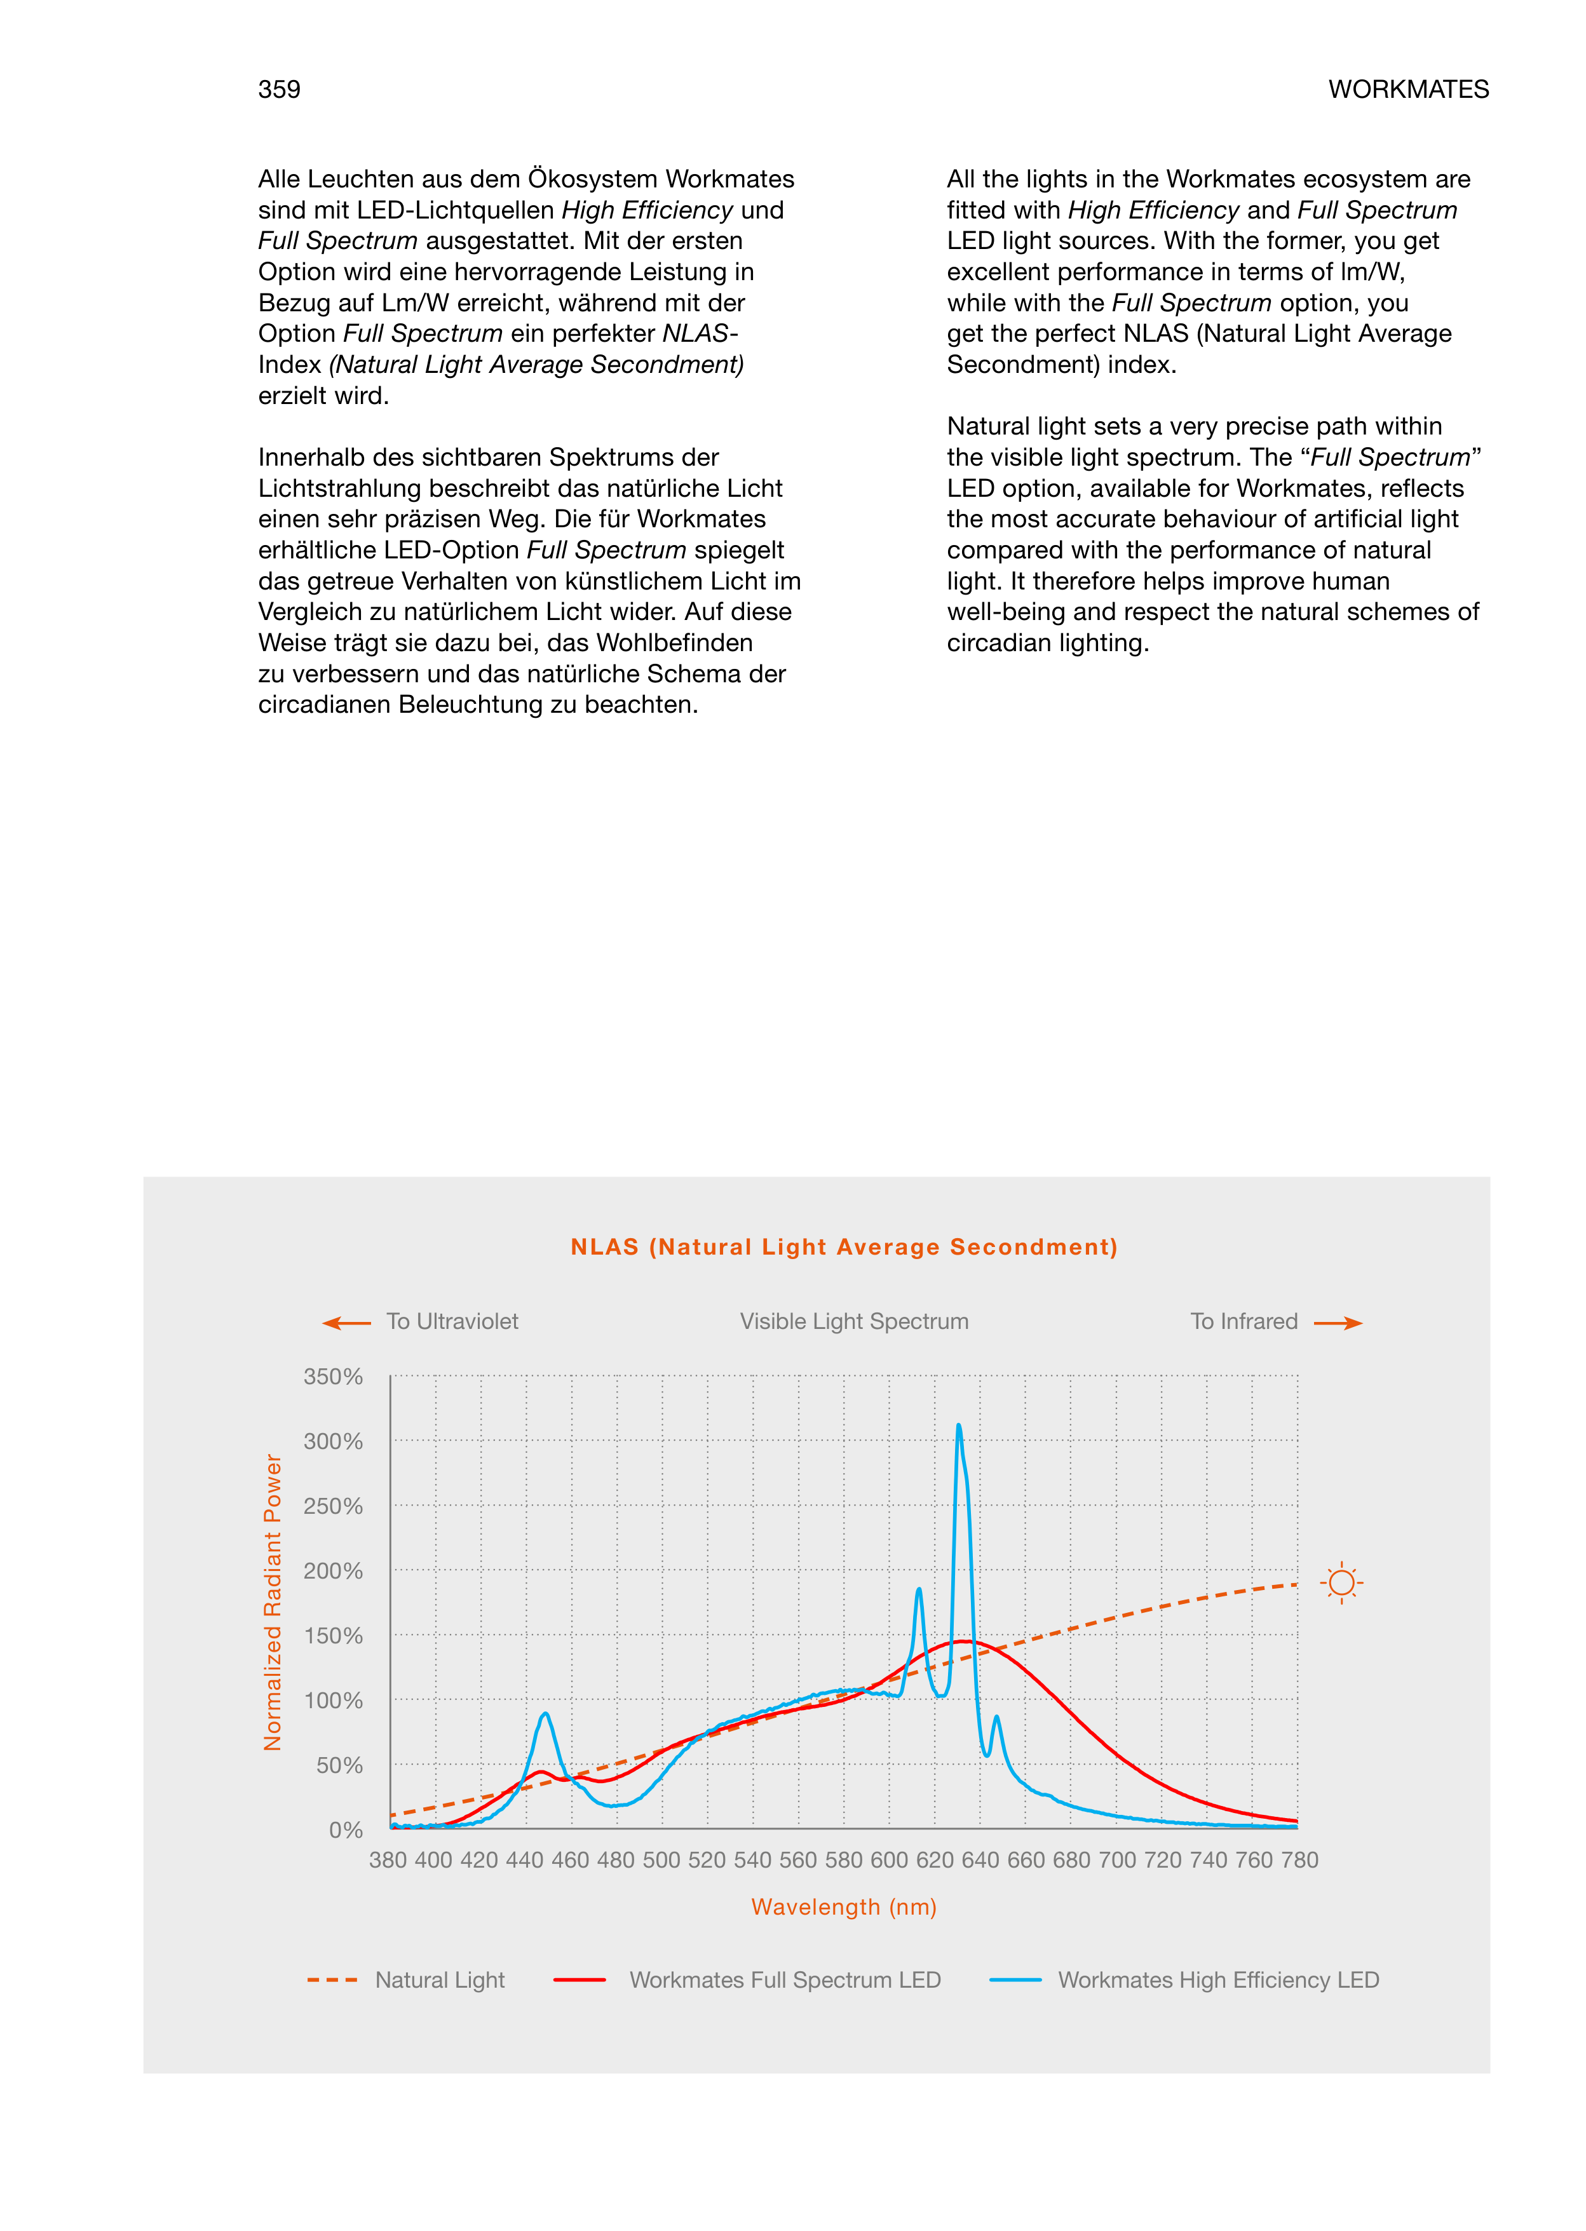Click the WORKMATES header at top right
(1407, 90)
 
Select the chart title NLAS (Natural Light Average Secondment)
(844, 1247)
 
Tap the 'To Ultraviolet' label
(452, 1321)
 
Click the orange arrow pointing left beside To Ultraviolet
(346, 1323)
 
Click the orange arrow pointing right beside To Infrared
(1338, 1323)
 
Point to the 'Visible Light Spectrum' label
(853, 1321)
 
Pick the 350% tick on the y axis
(333, 1377)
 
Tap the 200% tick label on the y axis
(333, 1571)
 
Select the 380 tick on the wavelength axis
(388, 1860)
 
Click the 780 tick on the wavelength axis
(1300, 1860)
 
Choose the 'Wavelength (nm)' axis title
(844, 1907)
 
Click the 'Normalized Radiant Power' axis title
(273, 1602)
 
